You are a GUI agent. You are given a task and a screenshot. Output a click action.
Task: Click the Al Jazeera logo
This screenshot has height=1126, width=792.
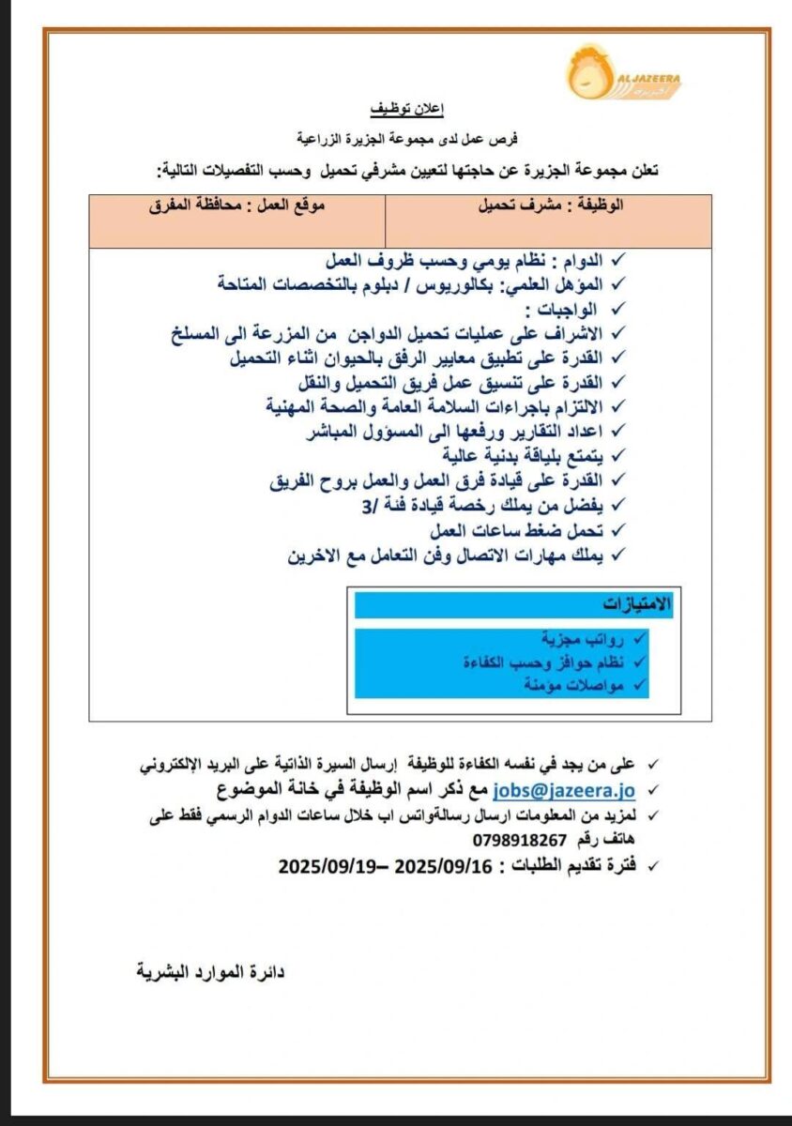coord(622,72)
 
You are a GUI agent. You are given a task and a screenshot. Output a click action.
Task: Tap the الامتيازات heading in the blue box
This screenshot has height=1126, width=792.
coord(637,603)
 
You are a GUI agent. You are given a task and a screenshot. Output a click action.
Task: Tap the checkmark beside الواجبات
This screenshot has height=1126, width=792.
coord(617,308)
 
